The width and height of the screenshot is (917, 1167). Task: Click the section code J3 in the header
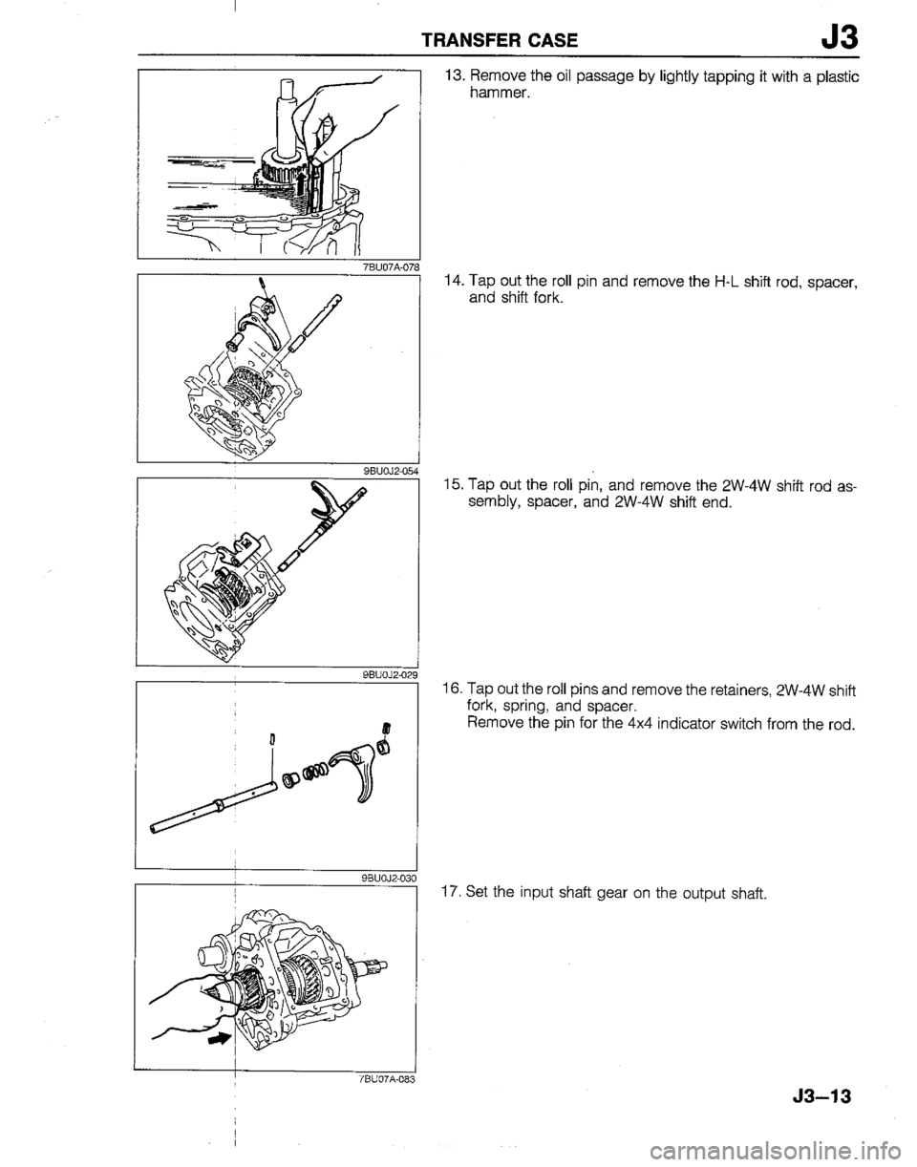[836, 39]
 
